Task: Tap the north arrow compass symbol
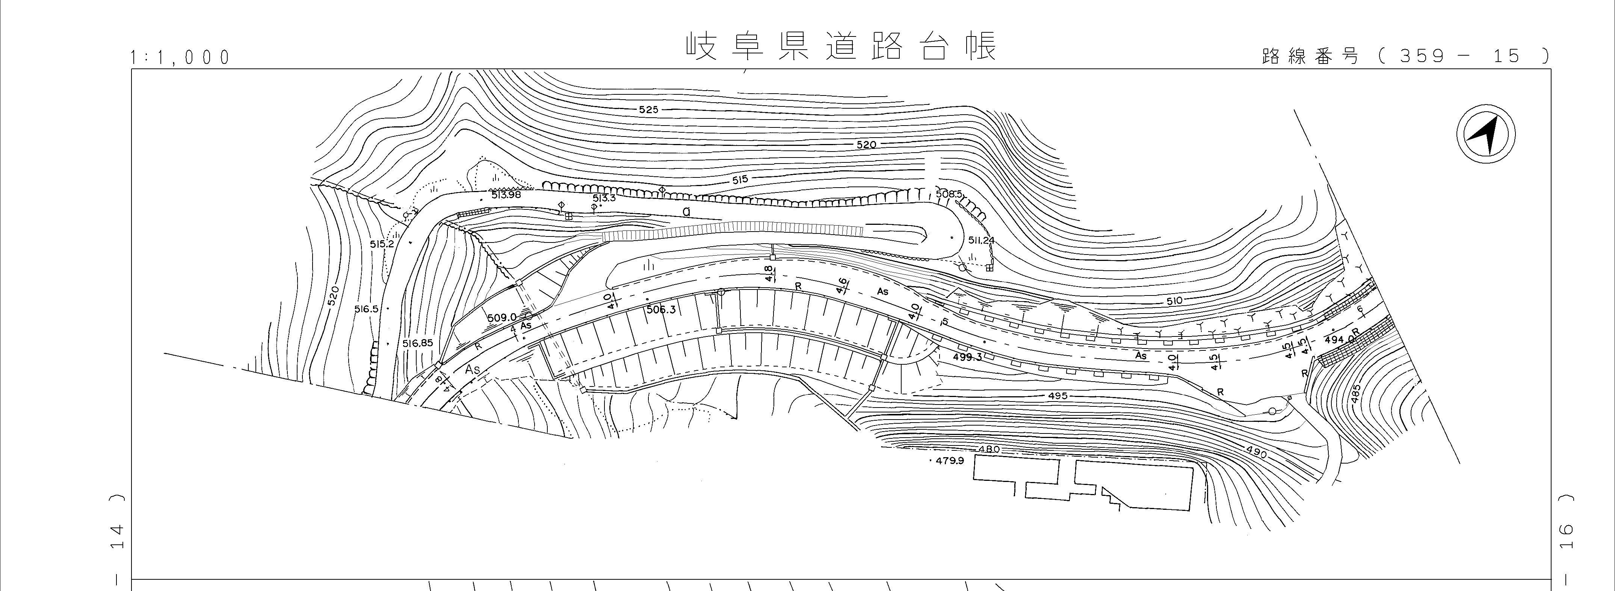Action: tap(1485, 135)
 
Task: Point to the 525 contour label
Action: tap(648, 110)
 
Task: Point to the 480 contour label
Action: tap(989, 449)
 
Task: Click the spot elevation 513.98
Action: tap(506, 194)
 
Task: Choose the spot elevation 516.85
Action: tap(417, 343)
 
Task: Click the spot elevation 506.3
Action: tap(660, 309)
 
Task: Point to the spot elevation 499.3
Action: tap(967, 357)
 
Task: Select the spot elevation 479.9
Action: tap(949, 461)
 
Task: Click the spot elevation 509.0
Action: tap(501, 317)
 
